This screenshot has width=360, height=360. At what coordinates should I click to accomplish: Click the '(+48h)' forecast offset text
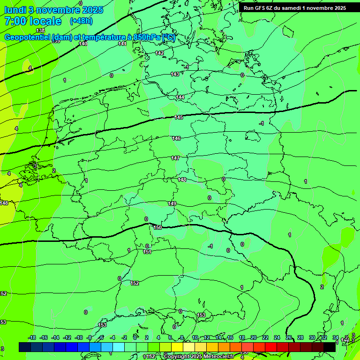[81, 21]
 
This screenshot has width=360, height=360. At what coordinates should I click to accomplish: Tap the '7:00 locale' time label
[32, 21]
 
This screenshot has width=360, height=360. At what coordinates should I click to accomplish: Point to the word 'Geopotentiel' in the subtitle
[27, 37]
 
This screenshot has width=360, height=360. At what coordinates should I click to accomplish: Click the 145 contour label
[179, 117]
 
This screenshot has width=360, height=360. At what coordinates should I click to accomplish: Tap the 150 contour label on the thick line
[157, 227]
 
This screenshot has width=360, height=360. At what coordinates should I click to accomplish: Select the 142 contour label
[159, 53]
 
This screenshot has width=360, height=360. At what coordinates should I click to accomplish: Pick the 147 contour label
[175, 158]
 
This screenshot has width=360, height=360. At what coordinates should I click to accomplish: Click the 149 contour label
[172, 203]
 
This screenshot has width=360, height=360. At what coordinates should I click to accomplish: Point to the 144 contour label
[180, 97]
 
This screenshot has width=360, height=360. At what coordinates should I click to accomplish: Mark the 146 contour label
[176, 138]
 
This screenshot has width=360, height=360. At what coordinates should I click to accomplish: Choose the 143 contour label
[175, 74]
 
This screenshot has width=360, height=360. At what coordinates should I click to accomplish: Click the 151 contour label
[147, 252]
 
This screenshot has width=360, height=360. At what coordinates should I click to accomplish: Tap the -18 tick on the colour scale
[32, 337]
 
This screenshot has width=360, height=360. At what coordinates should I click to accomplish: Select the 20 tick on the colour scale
[253, 337]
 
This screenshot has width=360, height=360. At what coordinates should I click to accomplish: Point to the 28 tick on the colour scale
[300, 337]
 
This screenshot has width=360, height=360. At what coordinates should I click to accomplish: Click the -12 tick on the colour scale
[67, 337]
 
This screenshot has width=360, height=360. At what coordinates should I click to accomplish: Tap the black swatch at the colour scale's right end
[330, 347]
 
